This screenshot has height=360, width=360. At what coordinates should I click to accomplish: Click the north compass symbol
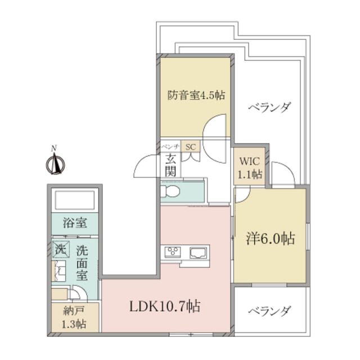click(55, 163)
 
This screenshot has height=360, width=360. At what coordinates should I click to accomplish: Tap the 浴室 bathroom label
click(75, 223)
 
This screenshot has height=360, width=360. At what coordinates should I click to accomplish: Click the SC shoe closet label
click(190, 147)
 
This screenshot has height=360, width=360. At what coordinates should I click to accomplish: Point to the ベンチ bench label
click(170, 147)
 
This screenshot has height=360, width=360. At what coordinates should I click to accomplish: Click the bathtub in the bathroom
click(75, 200)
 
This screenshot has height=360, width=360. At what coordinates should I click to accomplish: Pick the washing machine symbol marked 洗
click(60, 248)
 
